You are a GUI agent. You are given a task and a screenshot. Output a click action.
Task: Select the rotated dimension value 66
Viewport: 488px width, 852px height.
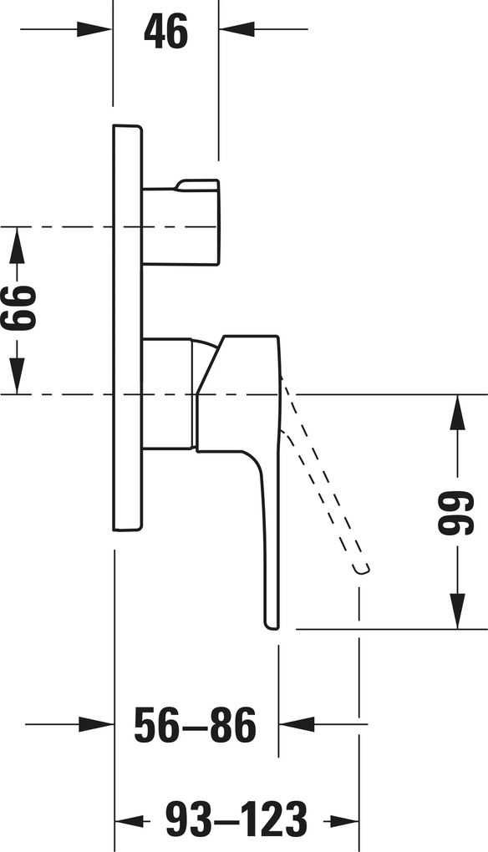click(19, 307)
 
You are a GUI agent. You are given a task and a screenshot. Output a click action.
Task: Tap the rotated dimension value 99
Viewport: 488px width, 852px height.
click(456, 513)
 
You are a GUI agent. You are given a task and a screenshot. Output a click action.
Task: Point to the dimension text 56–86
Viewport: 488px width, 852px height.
click(195, 725)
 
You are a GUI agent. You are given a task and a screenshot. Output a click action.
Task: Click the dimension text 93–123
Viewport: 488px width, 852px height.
click(236, 818)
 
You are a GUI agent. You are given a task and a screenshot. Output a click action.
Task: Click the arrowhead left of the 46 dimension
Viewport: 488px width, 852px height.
click(94, 29)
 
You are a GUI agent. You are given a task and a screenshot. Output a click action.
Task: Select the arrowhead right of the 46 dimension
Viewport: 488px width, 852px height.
click(236, 29)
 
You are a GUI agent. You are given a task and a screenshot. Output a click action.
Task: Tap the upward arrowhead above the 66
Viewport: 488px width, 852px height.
click(17, 245)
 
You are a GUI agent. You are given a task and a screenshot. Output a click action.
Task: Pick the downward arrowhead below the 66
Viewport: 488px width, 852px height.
click(17, 376)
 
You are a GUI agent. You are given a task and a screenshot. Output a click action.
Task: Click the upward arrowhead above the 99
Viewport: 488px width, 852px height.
click(458, 413)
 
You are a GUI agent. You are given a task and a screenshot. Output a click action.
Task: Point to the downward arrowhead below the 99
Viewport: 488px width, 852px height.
click(458, 611)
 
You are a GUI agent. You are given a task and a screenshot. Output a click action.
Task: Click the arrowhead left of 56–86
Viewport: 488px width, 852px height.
click(96, 724)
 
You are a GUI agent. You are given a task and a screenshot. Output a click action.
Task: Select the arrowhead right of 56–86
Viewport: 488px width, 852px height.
click(297, 724)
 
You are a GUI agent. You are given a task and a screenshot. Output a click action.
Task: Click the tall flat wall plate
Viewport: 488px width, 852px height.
click(127, 328)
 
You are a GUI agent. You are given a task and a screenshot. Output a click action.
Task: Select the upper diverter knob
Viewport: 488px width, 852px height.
click(181, 222)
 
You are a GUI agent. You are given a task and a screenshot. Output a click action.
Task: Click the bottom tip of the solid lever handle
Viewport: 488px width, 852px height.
click(272, 629)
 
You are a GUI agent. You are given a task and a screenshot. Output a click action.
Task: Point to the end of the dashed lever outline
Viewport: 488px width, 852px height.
click(361, 569)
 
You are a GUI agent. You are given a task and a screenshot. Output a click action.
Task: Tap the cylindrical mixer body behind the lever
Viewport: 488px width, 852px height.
click(168, 393)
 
